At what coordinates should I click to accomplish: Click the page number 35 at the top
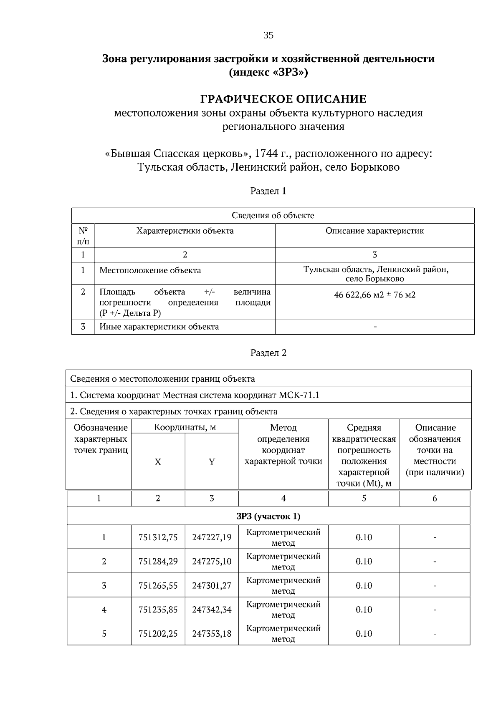[x=268, y=35]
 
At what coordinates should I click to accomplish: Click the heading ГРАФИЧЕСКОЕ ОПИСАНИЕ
[x=283, y=99]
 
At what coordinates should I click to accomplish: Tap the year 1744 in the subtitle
[x=266, y=154]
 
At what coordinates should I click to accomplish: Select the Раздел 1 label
[x=268, y=191]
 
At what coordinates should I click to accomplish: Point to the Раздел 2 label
[x=268, y=353]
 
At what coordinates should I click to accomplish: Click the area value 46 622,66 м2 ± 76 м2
[x=374, y=295]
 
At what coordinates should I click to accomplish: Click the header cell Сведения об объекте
[x=273, y=216]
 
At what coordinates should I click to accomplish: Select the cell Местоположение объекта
[x=150, y=270]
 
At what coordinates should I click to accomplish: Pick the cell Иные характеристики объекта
[x=159, y=327]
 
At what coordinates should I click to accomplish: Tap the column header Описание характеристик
[x=374, y=231]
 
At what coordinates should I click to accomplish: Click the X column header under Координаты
[x=158, y=462]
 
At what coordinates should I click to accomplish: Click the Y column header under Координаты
[x=212, y=462]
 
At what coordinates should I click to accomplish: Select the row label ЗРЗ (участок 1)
[x=268, y=516]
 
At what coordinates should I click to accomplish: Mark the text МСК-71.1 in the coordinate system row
[x=301, y=395]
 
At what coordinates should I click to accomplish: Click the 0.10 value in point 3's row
[x=364, y=585]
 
